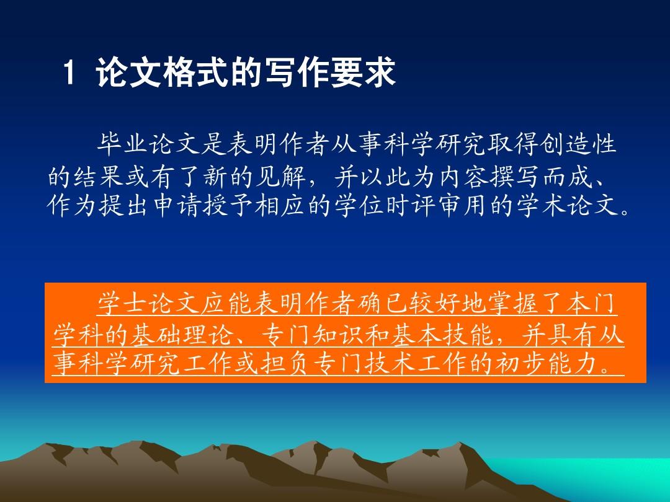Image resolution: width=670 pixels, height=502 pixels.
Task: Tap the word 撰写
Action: tap(516, 176)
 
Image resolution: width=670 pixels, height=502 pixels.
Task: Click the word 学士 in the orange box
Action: tap(123, 304)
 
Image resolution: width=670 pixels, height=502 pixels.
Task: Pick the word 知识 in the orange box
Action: tap(339, 335)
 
